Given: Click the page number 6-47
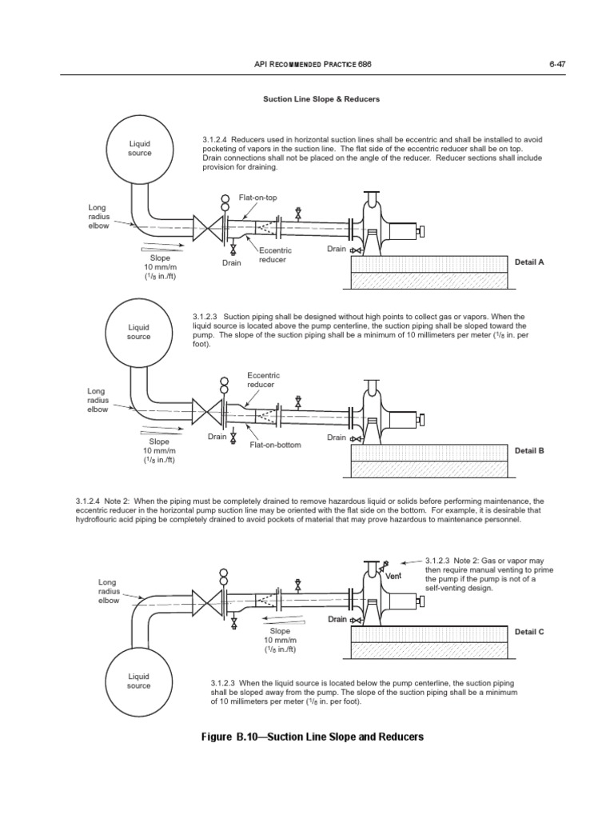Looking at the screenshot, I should coord(557,63).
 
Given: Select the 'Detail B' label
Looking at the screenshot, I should coord(529,450).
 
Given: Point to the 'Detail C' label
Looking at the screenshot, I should coord(529,631).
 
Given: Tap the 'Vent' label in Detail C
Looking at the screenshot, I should coord(393,576).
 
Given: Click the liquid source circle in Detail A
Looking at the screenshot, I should coord(139,148).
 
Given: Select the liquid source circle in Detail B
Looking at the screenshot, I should coord(139,332).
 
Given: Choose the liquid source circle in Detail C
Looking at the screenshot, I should coord(139,681).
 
